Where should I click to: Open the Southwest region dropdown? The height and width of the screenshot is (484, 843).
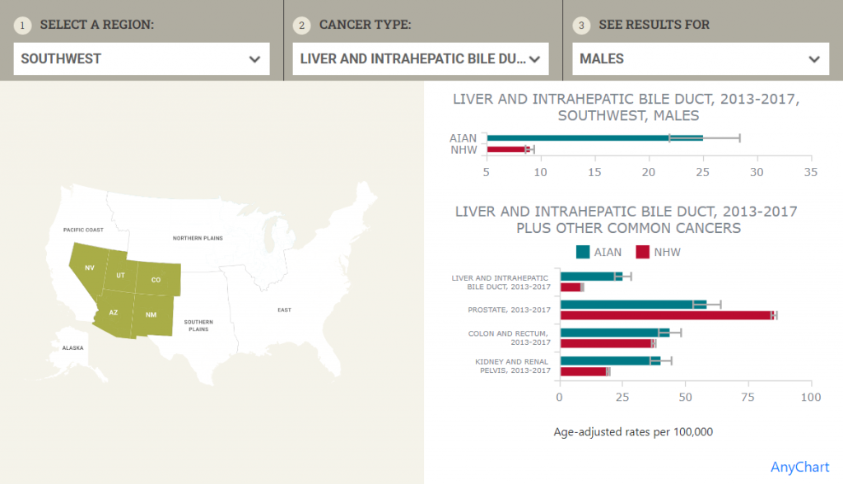point(141,59)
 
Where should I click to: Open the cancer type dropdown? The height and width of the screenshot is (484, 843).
point(420,59)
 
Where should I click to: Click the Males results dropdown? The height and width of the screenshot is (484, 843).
point(700,59)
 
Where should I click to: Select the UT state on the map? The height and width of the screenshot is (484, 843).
point(120,275)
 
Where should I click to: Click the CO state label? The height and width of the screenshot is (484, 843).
point(156,280)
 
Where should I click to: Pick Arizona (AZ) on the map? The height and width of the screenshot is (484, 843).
point(114,314)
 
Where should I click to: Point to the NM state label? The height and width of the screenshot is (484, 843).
point(151,315)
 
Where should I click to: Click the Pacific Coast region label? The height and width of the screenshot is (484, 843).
point(83,230)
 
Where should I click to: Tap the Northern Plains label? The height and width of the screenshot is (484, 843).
point(198,238)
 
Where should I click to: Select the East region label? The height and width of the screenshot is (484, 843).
point(284,309)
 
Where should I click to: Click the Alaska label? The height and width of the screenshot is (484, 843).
point(72,348)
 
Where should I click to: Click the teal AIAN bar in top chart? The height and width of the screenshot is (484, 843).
point(593,137)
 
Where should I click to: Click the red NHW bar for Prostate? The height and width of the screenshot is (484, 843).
point(667,315)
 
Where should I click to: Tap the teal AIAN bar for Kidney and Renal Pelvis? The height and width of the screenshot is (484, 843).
point(609,361)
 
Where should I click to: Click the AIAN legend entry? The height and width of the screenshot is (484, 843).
point(598,252)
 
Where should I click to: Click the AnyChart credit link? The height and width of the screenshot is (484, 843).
point(799,468)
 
